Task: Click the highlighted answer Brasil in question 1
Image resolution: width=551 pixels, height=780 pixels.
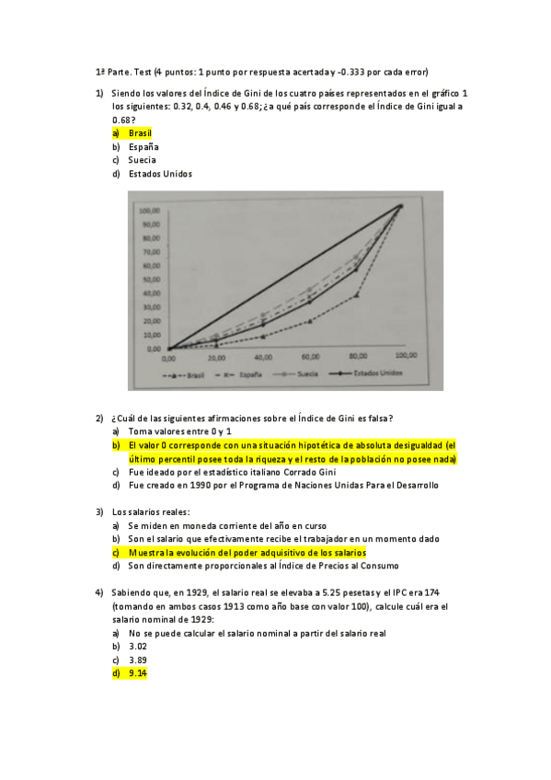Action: coord(140,133)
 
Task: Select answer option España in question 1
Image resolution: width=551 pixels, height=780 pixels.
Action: coord(143,147)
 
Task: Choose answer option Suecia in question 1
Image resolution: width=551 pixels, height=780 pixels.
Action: coord(142,160)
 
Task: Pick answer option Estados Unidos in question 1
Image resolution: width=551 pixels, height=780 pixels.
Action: coord(160,174)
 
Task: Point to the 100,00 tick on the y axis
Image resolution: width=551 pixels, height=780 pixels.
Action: coord(150,211)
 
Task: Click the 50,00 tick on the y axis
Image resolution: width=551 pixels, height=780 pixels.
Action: coord(150,279)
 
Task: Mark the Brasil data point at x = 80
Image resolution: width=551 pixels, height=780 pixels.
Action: coord(356,294)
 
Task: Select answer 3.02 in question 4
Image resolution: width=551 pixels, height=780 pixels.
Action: coord(138,647)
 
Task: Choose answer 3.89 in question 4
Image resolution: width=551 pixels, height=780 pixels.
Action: coord(138,660)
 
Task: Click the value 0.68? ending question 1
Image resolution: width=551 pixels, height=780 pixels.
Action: coord(123,120)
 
